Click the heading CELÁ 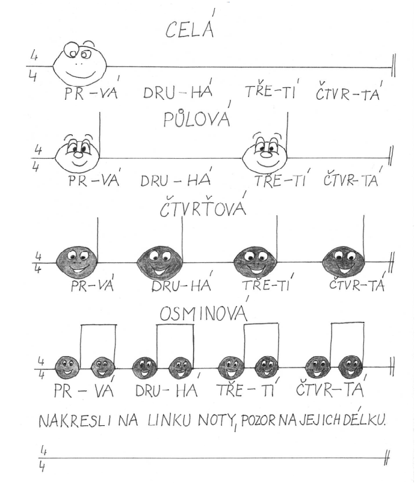[190, 27]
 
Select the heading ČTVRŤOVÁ [203, 207]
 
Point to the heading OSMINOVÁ [204, 312]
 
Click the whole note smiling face [79, 64]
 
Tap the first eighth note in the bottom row [67, 367]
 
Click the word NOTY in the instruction [216, 421]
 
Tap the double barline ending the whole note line [393, 66]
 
